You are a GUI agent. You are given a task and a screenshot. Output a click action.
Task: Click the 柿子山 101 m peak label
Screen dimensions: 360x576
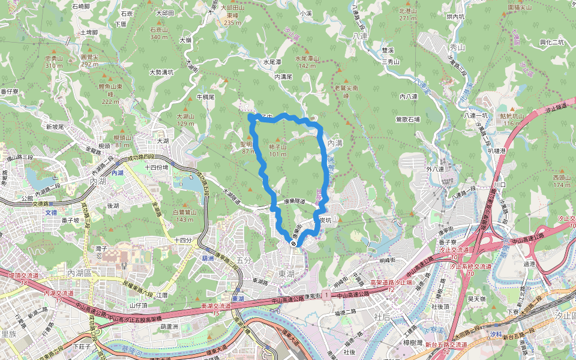(278, 151)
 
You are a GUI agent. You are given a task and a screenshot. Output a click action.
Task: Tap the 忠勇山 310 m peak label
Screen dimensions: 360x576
(53, 62)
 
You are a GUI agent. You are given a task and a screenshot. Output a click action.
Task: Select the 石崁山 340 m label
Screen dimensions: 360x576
(159, 33)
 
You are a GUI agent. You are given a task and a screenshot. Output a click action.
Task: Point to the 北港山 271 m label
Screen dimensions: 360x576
(407, 14)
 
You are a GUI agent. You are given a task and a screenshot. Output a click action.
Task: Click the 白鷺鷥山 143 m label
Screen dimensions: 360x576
(184, 215)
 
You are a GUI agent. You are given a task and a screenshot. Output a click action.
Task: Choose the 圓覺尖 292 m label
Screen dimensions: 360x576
(89, 61)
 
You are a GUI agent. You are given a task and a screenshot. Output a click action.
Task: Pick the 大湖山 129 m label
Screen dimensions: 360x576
(186, 119)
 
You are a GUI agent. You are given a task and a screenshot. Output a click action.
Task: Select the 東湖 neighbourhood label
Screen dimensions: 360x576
(286, 273)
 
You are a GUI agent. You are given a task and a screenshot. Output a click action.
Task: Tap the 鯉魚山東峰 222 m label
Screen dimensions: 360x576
(110, 94)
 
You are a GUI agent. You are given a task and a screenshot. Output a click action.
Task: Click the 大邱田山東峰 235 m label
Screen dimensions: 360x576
(232, 15)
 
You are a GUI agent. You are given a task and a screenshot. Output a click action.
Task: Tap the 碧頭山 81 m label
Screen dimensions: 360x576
(122, 141)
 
